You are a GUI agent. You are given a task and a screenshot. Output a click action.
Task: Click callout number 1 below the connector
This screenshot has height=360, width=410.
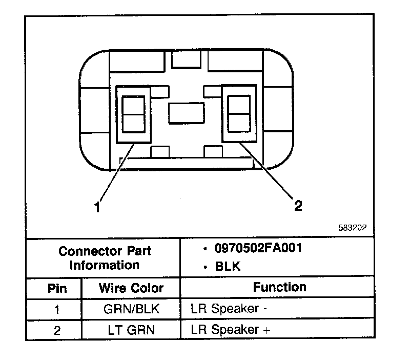96,207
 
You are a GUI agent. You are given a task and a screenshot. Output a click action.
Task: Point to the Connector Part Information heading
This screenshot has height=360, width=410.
105,258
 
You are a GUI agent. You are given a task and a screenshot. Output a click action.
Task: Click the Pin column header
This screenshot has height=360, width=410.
57,288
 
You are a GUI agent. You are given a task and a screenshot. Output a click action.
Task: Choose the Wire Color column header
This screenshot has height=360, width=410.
131,288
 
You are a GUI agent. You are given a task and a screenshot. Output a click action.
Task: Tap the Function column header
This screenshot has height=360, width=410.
279,287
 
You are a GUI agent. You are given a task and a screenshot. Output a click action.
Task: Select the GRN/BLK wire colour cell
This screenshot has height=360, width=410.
131,309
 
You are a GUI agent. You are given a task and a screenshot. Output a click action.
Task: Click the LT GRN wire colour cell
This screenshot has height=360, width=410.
131,330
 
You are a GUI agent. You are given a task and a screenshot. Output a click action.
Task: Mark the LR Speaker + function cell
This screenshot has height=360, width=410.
230,330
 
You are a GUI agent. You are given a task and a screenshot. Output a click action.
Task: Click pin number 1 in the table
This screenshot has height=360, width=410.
57,310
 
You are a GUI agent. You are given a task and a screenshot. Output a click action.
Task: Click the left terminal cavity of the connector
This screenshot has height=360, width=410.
134,114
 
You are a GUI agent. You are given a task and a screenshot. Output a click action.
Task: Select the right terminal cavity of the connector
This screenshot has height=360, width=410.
238,114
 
